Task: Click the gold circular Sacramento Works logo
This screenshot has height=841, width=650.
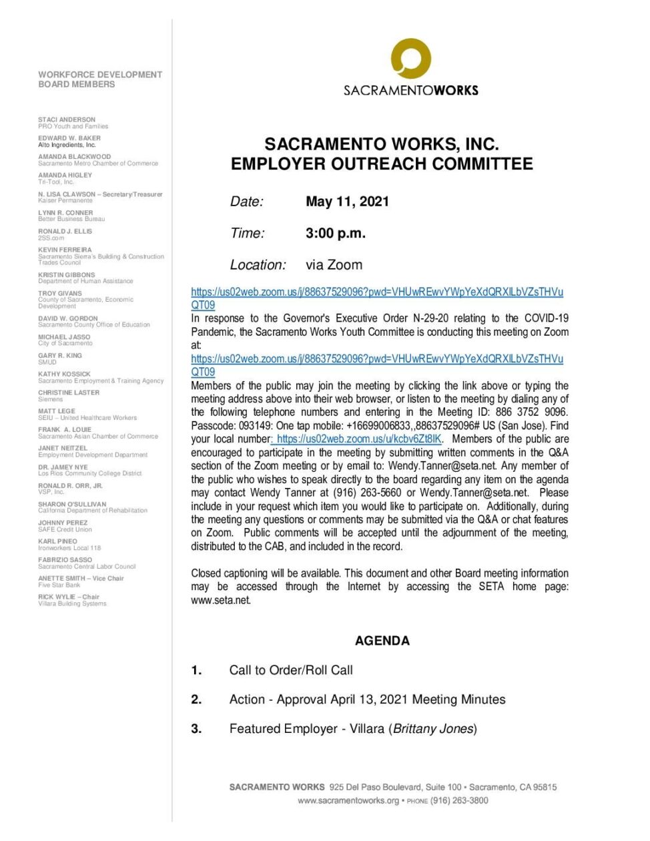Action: pyautogui.click(x=410, y=59)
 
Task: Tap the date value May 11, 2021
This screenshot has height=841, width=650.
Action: pyautogui.click(x=347, y=202)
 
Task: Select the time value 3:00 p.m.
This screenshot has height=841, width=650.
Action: pyautogui.click(x=335, y=234)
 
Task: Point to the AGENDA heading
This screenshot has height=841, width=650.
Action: pyautogui.click(x=382, y=641)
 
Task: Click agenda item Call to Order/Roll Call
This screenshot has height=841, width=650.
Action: pyautogui.click(x=291, y=670)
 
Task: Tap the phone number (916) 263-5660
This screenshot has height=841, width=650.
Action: pyautogui.click(x=373, y=493)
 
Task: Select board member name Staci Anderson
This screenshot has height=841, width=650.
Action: pyautogui.click(x=67, y=119)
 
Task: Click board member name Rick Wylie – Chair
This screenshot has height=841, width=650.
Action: pyautogui.click(x=69, y=597)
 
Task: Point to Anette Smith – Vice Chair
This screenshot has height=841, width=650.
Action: pyautogui.click(x=81, y=578)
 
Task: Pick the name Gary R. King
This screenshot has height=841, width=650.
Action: pyautogui.click(x=60, y=356)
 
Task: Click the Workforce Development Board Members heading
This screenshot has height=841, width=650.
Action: pyautogui.click(x=100, y=79)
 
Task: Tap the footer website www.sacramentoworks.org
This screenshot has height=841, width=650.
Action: pyautogui.click(x=348, y=800)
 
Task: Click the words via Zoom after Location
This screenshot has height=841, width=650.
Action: pyautogui.click(x=334, y=265)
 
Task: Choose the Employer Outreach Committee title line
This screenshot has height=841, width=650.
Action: pyautogui.click(x=382, y=164)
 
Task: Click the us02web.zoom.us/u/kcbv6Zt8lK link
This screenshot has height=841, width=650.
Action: pyautogui.click(x=358, y=439)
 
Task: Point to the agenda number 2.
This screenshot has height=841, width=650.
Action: pyautogui.click(x=196, y=699)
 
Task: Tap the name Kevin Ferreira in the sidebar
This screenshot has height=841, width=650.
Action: pyautogui.click(x=65, y=250)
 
